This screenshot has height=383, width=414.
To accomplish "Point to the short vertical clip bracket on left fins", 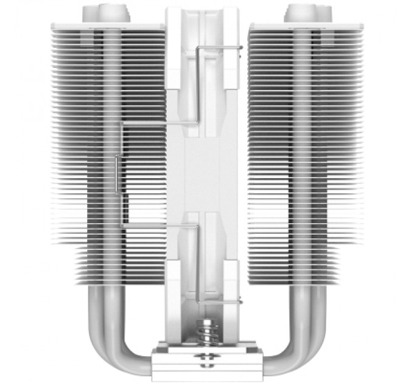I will [116, 176].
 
